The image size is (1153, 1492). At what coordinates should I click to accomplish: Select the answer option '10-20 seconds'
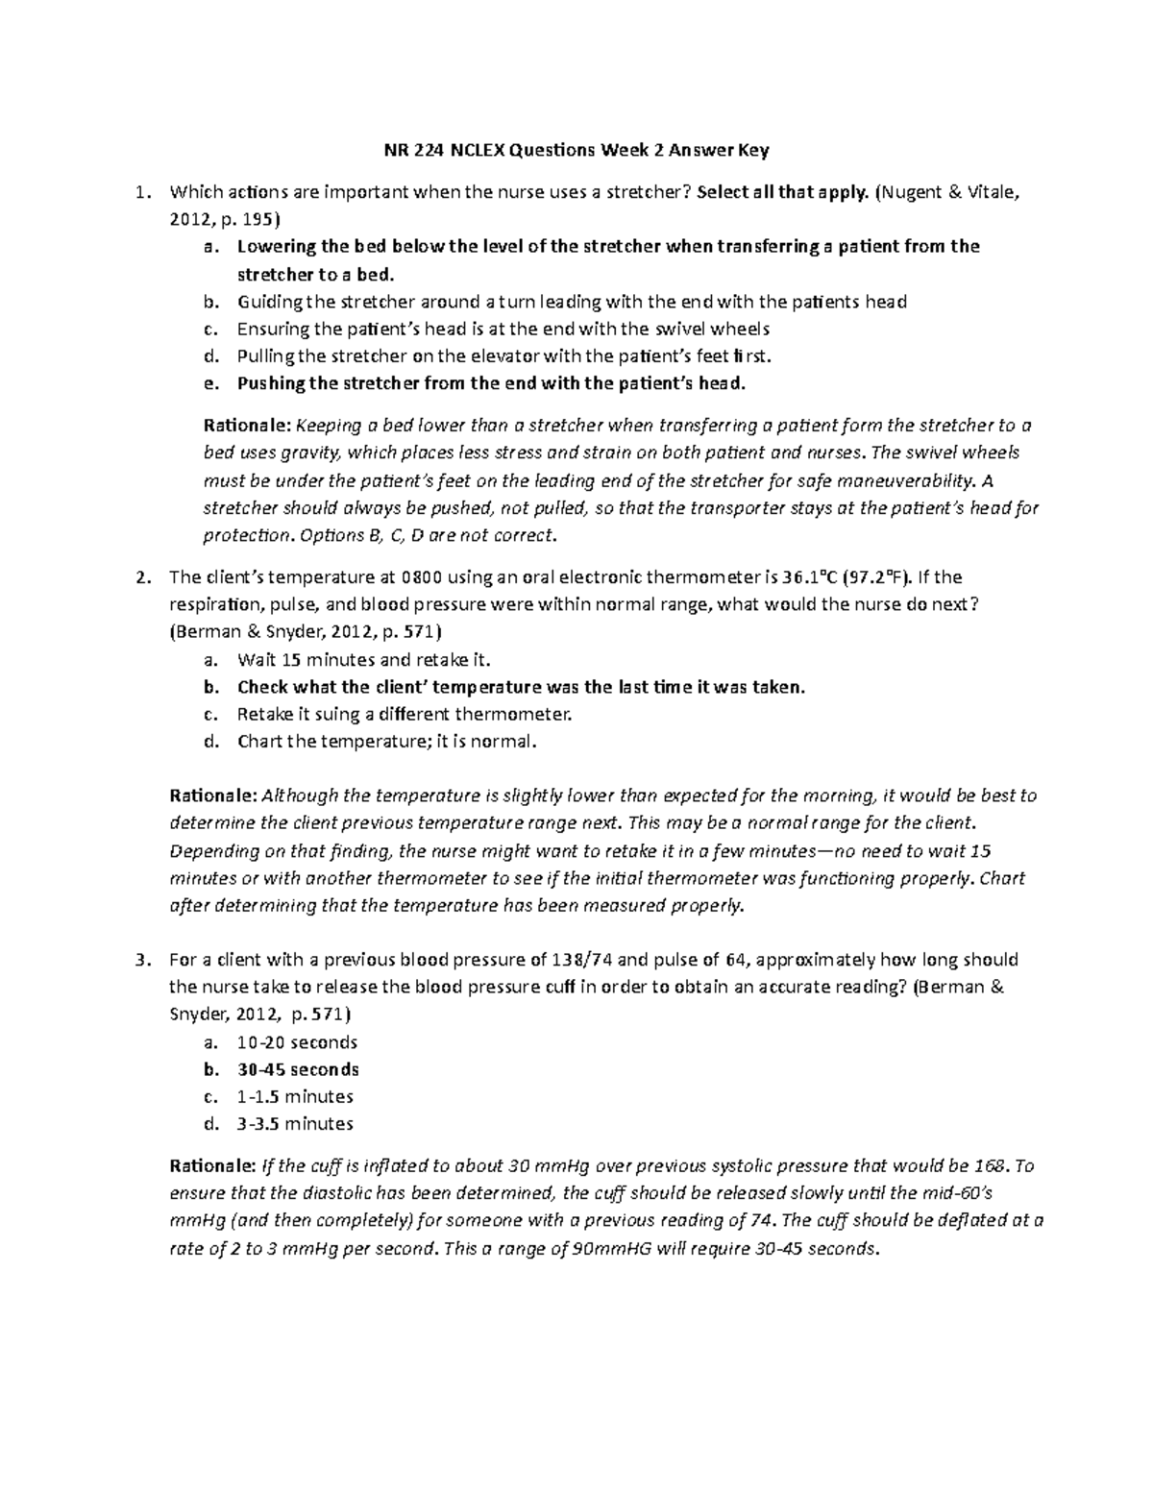(297, 1042)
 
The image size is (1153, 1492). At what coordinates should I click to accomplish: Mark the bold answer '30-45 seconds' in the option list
(298, 1069)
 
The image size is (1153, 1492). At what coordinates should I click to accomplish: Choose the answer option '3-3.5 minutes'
(295, 1123)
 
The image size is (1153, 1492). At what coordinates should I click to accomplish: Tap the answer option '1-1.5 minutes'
(295, 1096)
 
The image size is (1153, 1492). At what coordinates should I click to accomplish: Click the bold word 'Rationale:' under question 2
(212, 796)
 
